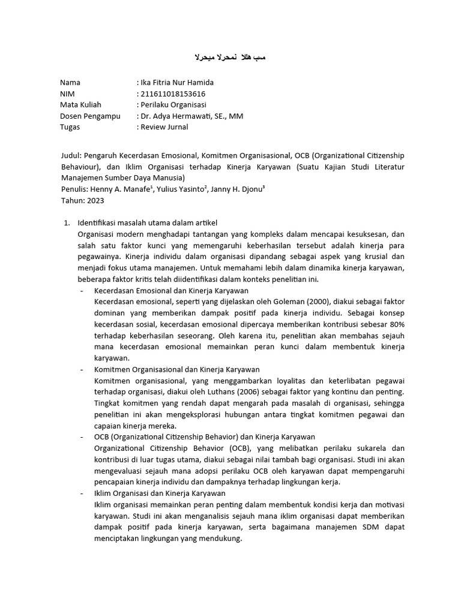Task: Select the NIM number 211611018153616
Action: pos(173,94)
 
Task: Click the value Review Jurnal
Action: pos(164,127)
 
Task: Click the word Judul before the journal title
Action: pos(71,155)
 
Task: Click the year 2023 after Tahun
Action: pos(96,200)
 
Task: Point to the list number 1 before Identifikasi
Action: pos(67,223)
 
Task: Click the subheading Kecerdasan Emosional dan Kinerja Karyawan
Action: pos(163,290)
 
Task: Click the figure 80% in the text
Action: pos(397,324)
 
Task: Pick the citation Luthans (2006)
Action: pos(256,392)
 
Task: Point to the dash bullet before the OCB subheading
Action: pos(81,437)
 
